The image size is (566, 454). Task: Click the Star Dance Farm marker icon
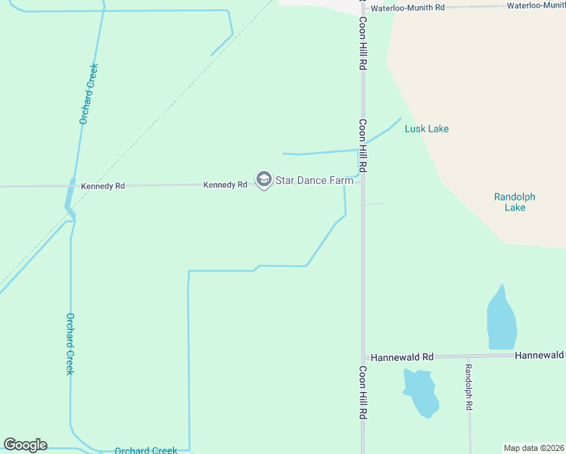pos(263,180)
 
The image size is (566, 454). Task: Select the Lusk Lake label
pos(427,129)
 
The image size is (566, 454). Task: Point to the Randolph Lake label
pos(515,202)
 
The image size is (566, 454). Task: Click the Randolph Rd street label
pos(469,387)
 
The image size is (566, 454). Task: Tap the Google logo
pos(25,445)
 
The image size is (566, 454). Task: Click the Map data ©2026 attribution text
pos(533,448)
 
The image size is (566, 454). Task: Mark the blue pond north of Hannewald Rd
pos(502,319)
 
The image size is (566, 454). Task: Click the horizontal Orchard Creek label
pos(145,450)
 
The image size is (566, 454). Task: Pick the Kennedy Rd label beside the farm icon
pos(225,185)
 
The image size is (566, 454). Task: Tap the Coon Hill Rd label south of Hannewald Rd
pos(362,393)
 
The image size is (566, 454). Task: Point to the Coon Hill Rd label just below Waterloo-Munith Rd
pos(362,44)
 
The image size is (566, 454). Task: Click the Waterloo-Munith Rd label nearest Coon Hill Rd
pos(409,7)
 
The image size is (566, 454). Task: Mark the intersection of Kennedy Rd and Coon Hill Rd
pos(362,180)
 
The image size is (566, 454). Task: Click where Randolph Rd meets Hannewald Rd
pos(469,356)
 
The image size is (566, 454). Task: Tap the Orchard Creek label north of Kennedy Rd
pos(89,93)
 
